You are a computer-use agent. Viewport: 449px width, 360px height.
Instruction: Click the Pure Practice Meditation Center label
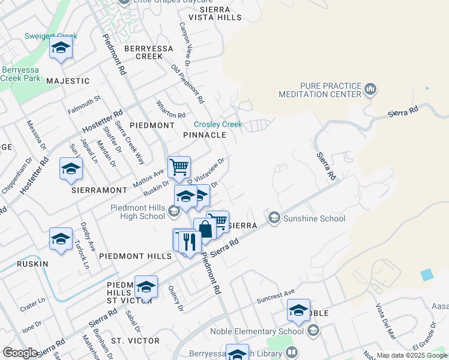pos(320,90)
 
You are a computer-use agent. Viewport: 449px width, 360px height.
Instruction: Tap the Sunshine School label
pos(314,218)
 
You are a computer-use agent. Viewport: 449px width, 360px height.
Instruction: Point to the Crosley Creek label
pos(217,124)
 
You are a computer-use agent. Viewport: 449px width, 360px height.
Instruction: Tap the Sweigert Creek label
pos(50,36)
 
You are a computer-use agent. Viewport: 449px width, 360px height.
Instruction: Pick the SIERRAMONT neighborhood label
pos(99,190)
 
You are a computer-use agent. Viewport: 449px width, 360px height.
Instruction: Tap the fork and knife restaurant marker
pos(190,242)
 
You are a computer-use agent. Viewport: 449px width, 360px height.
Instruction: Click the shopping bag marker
pos(205,229)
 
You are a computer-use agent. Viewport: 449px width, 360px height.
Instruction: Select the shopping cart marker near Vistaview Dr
pos(179,167)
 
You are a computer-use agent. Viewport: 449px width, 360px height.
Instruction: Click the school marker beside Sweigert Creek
pos(61,49)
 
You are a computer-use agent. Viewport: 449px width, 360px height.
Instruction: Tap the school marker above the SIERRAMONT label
pos(71,170)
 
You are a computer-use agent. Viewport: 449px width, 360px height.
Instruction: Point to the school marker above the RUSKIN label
pos(61,239)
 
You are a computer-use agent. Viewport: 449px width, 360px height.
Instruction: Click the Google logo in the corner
pos(20,353)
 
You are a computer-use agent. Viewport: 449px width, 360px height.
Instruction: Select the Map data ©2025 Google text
pos(411,355)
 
